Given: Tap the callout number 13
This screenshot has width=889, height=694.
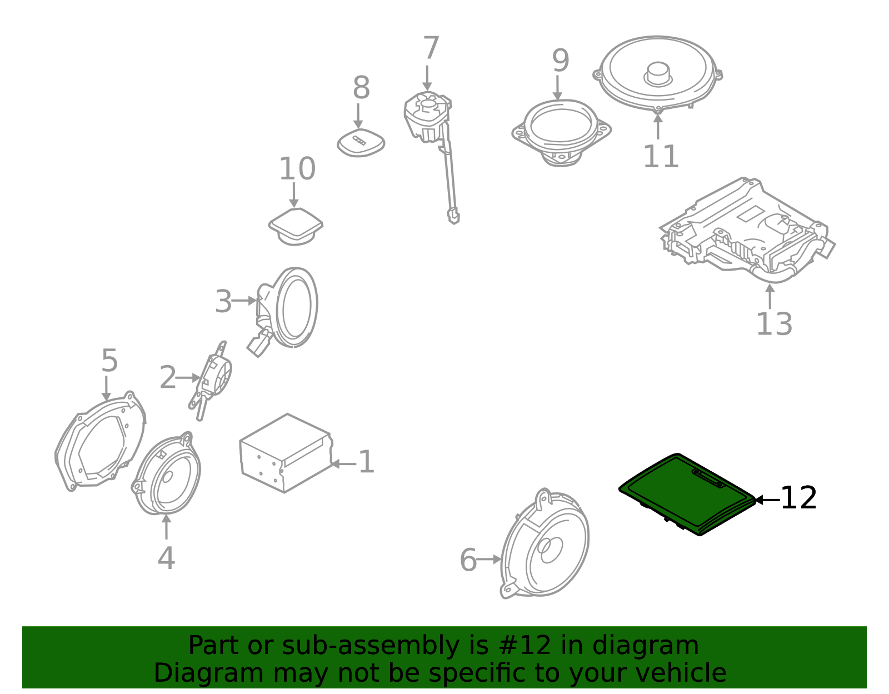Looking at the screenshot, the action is [x=774, y=324].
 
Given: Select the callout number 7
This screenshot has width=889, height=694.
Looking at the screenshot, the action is [x=431, y=48].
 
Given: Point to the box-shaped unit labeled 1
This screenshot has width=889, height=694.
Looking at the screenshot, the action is [x=286, y=453].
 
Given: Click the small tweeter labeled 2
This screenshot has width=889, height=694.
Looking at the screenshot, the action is [x=211, y=381].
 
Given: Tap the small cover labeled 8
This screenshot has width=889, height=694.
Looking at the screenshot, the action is [x=361, y=142].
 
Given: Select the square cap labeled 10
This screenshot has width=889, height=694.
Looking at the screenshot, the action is [x=296, y=227].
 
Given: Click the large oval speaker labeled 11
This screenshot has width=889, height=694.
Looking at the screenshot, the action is [x=657, y=73].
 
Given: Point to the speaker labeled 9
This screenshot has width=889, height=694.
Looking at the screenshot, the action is [x=561, y=133].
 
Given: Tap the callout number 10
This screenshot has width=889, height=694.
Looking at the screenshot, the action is [x=297, y=168].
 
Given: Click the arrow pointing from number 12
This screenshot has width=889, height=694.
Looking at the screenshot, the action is [x=767, y=500].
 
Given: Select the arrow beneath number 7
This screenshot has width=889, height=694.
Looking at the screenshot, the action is [x=427, y=78].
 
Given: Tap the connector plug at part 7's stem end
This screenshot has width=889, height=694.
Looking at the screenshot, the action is [x=454, y=216].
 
